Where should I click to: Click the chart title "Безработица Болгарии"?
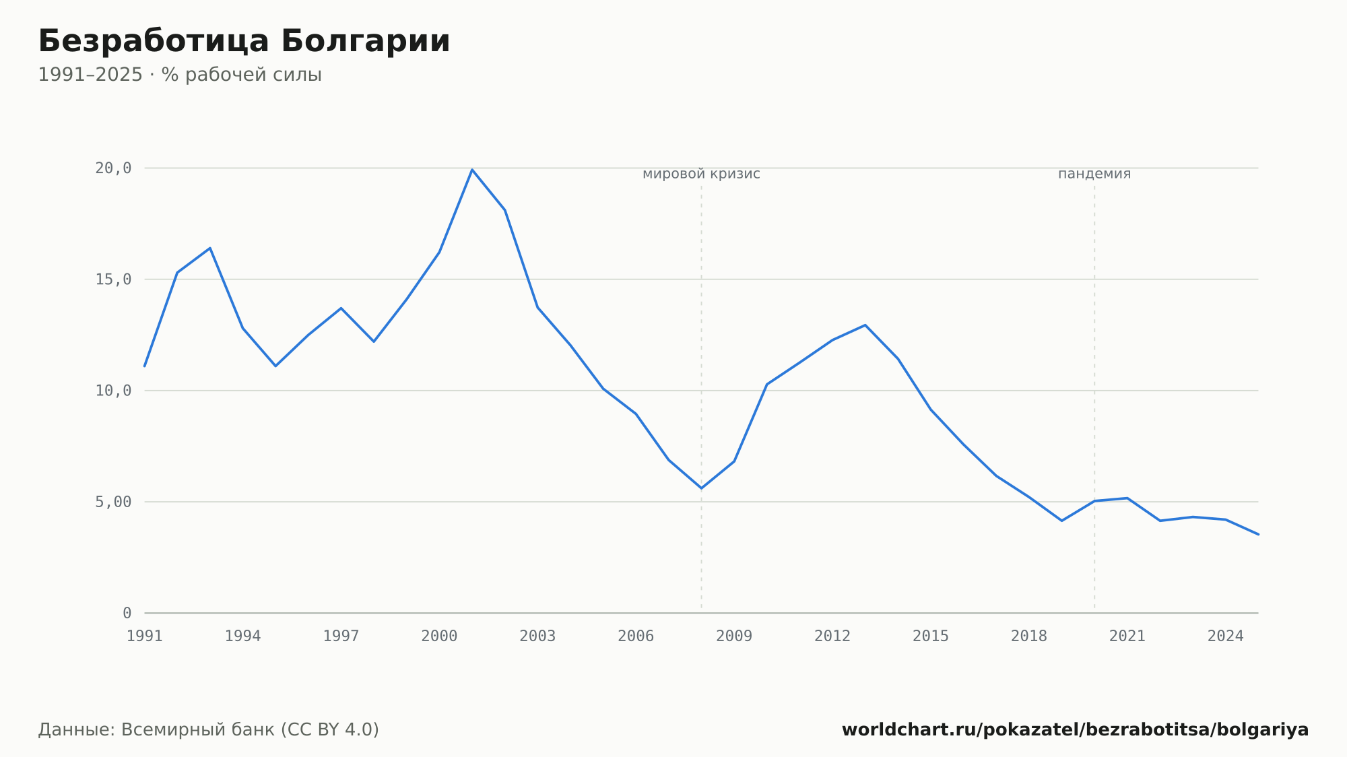(244, 42)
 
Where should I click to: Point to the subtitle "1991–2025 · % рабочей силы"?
(180, 75)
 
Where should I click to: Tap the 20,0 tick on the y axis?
(113, 168)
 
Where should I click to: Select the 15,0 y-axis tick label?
(113, 279)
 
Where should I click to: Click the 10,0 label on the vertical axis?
(113, 391)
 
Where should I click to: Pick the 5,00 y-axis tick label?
(113, 502)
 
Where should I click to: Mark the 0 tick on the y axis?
(127, 613)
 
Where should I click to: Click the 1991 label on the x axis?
(145, 636)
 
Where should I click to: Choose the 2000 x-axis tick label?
(439, 636)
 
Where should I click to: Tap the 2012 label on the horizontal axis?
(832, 636)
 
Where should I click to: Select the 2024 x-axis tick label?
(1225, 636)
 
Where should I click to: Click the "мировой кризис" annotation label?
(701, 174)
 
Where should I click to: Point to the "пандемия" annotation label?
(1094, 174)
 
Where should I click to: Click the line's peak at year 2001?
(472, 170)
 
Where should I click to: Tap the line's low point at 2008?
(701, 488)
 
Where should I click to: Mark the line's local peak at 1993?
(210, 248)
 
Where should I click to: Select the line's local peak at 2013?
(865, 325)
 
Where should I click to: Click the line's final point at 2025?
(1258, 534)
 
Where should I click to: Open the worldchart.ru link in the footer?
(1075, 730)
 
